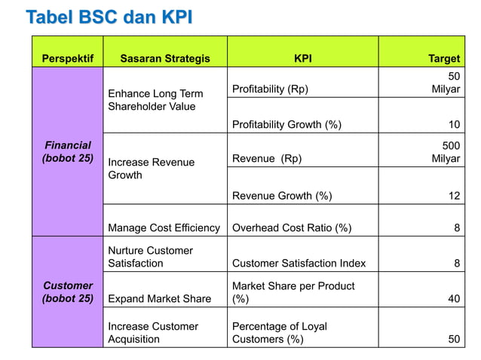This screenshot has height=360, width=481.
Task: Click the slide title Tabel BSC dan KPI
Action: (109, 17)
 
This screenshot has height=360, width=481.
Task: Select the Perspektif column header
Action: (67, 58)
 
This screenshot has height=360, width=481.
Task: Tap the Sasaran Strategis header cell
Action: (165, 58)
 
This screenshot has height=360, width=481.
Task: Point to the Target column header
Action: (444, 58)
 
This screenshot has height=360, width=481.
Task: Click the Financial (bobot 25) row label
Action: (68, 151)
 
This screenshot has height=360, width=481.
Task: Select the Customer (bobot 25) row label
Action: (68, 292)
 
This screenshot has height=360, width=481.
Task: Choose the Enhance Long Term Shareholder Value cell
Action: (155, 100)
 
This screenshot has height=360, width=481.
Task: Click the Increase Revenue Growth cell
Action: (151, 169)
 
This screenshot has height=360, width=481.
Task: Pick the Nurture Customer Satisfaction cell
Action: (150, 257)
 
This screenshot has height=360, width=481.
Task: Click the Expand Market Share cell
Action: (159, 299)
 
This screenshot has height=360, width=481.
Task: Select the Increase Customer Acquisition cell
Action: (153, 333)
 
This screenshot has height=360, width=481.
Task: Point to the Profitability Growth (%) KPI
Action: (286, 125)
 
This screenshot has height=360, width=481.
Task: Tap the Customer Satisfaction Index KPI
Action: (299, 263)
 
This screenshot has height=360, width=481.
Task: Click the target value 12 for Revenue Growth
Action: (454, 196)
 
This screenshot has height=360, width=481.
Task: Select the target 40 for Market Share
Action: (454, 299)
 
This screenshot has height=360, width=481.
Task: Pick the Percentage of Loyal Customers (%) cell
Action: (280, 333)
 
